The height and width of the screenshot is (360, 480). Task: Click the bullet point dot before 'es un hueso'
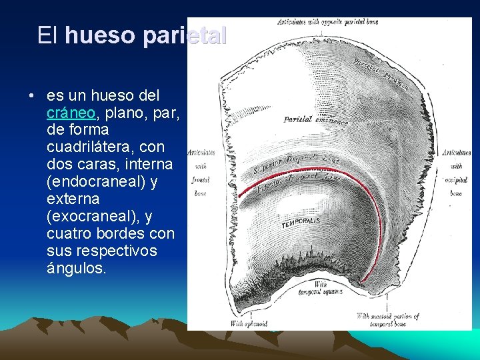[31, 95]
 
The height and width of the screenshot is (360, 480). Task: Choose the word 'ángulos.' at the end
[76, 268]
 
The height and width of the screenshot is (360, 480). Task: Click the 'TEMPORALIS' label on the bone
[301, 222]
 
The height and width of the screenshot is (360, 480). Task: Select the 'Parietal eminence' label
[315, 121]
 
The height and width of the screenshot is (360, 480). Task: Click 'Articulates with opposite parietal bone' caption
[327, 22]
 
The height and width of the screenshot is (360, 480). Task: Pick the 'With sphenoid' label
[249, 323]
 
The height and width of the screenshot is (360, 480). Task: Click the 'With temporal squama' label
[321, 287]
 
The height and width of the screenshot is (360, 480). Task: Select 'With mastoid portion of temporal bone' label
[387, 319]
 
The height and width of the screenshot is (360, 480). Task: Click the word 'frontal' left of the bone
[200, 180]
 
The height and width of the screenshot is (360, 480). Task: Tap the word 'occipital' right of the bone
[456, 180]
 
